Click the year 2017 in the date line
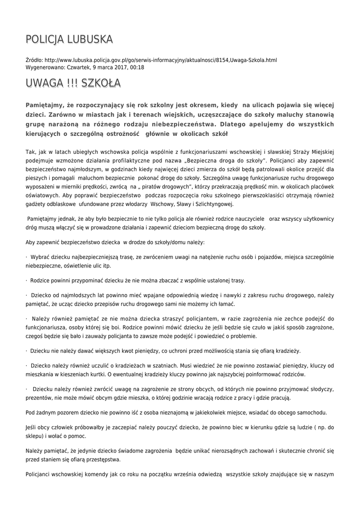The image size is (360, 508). [x=119, y=67]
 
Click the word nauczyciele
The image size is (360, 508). [x=246, y=219]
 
